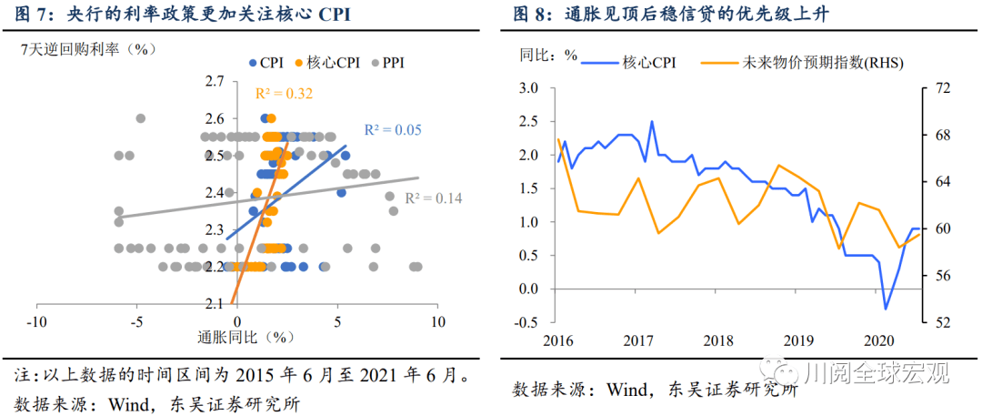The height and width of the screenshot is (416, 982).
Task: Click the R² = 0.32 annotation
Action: tap(284, 93)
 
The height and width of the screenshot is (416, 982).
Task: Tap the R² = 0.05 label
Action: tap(393, 130)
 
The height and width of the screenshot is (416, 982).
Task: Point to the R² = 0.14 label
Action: tap(434, 198)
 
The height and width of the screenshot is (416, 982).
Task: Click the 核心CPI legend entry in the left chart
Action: tap(326, 63)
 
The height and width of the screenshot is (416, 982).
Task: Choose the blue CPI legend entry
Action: tap(266, 63)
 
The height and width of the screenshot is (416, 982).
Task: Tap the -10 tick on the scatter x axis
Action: tap(36, 323)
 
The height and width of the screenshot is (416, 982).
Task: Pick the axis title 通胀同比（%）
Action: tap(247, 338)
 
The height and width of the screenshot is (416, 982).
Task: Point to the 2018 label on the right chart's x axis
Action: tap(717, 340)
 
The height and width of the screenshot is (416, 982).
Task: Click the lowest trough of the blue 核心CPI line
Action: tap(885, 309)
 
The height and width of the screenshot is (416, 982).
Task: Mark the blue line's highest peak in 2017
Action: tap(651, 121)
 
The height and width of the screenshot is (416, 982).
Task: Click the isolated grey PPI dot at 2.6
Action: tap(140, 118)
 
